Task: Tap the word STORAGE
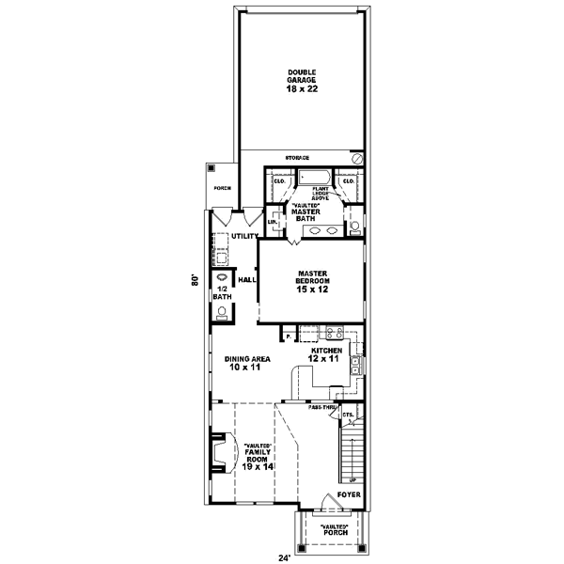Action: point(297,157)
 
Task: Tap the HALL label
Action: point(247,279)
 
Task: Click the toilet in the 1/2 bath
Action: point(222,317)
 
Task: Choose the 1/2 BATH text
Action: point(221,292)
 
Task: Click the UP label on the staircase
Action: point(352,478)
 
